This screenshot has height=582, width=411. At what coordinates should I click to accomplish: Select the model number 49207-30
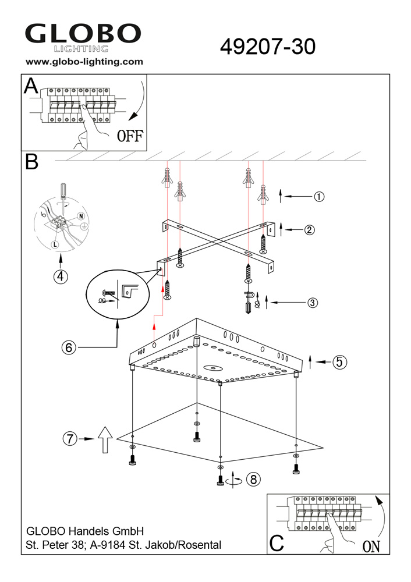coord(268,47)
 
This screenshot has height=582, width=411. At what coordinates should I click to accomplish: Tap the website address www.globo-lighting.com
coord(84,62)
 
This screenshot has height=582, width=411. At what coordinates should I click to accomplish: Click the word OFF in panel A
coord(130,136)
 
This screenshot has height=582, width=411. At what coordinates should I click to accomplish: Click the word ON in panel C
coord(371,546)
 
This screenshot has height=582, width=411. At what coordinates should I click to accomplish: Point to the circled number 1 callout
coord(319,196)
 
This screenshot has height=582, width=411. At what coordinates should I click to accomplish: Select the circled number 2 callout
coord(309,230)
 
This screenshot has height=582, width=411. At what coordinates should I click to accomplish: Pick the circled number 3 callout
coord(313,303)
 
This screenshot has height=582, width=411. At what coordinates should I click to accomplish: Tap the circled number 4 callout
coord(61,276)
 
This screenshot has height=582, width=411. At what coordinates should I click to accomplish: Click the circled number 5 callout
coord(340,361)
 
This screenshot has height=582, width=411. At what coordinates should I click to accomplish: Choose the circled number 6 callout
coord(69,347)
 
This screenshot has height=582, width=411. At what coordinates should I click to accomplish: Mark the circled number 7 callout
coord(70,439)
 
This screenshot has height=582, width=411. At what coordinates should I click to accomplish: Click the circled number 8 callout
coord(253,479)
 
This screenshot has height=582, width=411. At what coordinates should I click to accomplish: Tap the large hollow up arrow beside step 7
coord(105,439)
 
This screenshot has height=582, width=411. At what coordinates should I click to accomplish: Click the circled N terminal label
coord(80,216)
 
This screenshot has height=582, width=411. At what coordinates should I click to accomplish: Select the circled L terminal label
coord(55,244)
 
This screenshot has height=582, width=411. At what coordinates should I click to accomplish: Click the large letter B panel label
coord(31,162)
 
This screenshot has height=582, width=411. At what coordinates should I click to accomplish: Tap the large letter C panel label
coord(277,543)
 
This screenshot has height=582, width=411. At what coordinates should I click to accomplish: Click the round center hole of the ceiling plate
coord(212,367)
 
